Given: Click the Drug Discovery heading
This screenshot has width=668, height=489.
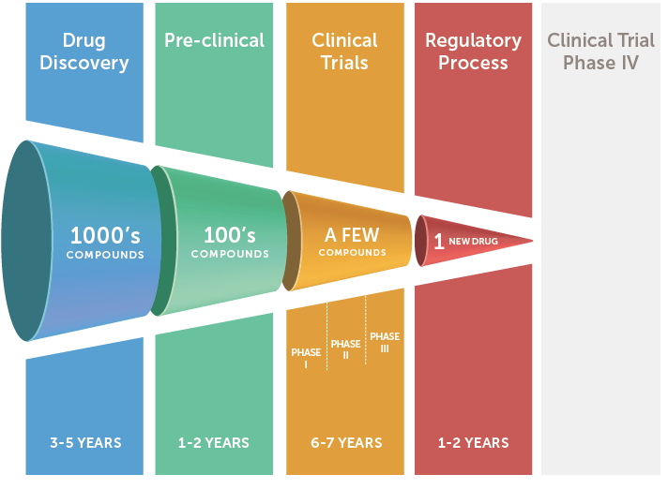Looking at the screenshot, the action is coord(84,52).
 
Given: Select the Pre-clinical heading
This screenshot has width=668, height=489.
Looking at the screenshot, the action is coord(214,40).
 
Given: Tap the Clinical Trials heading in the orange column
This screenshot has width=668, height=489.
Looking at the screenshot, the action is coord(344,52).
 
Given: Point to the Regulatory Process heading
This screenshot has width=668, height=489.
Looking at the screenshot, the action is coord(473,52).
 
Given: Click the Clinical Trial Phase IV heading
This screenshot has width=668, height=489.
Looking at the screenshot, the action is coord(600,52).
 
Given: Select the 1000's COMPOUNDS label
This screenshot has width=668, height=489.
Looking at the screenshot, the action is coord(105,242).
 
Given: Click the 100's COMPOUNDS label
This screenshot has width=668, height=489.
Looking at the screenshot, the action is coord(230,242).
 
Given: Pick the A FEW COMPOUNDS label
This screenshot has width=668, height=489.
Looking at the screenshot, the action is coord(353,242).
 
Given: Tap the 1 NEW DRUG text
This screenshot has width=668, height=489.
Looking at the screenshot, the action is coord(465,241).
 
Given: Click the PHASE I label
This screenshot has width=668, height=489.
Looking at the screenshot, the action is coord(306,358).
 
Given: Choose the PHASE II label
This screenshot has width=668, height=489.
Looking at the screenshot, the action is coord(345,349).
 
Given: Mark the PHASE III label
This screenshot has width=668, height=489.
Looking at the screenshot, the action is coord(385,342).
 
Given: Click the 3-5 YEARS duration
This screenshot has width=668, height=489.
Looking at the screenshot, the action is coord(85,443).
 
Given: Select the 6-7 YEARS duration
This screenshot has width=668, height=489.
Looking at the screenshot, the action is coord(346,443).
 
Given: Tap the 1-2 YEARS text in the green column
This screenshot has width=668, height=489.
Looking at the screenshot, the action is coord(213,443).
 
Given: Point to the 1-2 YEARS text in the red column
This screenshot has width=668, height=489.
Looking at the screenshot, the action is coord(473,443).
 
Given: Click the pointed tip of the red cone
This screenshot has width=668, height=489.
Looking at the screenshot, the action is coord(533,241).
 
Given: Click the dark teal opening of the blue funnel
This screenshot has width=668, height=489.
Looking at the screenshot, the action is coord(25,241).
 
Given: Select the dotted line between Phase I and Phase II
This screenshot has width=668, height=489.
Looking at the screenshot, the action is coord(326,336).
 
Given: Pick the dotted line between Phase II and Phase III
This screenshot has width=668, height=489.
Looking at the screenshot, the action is coord(366,330).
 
